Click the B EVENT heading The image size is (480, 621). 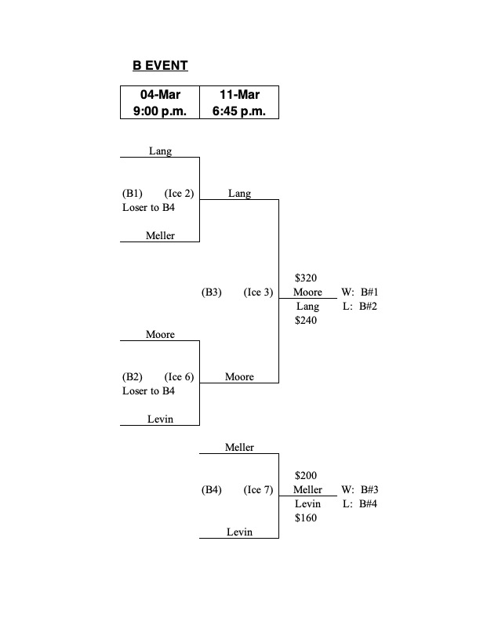point(160,66)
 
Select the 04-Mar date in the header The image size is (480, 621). point(160,95)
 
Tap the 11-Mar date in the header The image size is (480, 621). point(239,95)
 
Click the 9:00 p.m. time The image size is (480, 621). point(160,111)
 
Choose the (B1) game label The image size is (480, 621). point(132,194)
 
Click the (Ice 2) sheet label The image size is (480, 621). point(179,194)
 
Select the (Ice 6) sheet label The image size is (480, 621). point(179,377)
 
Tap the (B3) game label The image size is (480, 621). point(212,292)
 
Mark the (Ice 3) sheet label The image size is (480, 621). point(258,292)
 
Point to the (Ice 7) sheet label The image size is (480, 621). point(258,490)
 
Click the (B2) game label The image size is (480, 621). point(132,377)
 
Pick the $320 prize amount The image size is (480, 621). point(307,278)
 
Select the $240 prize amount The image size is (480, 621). point(307,320)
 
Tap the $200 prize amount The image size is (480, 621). point(307,476)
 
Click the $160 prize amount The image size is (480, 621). point(307,517)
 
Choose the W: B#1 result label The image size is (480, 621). point(360,292)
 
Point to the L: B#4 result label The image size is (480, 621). point(360,504)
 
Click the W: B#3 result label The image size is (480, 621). point(360,490)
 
